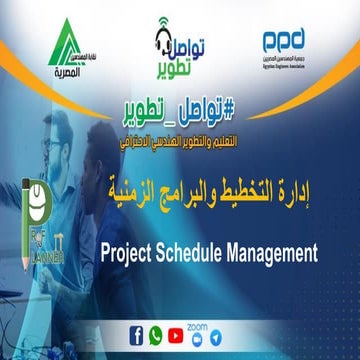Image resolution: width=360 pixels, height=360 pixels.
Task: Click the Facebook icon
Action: pos(136,336)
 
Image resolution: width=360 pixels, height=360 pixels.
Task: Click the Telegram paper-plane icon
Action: pos(221,337)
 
